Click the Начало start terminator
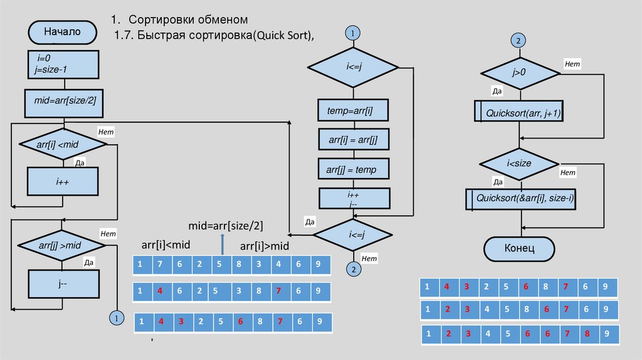62,32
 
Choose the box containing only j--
63,283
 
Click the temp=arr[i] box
354,110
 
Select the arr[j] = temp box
354,169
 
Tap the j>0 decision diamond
518,73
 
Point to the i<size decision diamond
518,163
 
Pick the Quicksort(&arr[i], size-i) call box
522,198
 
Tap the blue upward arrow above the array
222,241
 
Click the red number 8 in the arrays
588,334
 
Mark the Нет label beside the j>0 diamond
572,63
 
